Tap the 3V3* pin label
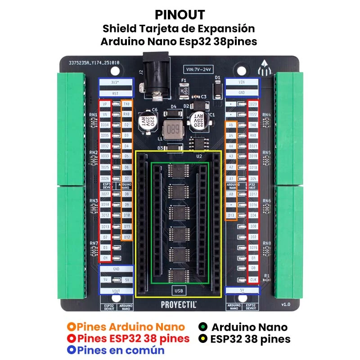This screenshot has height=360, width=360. pyautogui.click(x=116, y=83)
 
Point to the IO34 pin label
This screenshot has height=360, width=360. pyautogui.click(x=105, y=124)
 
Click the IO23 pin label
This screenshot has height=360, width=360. pyautogui.click(x=253, y=104)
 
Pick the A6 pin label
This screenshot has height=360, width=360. pyautogui.click(x=231, y=124)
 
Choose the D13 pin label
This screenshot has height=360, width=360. pyautogui.click(x=231, y=216)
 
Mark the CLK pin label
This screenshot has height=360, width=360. pyautogui.click(x=253, y=279)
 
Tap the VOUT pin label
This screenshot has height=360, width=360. pyautogui.click(x=116, y=291)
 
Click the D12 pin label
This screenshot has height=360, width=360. pyautogui.click(x=127, y=237)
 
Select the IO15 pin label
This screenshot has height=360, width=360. pyautogui.click(x=253, y=247)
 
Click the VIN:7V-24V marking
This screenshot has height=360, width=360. pyautogui.click(x=198, y=69)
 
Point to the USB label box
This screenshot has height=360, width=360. pyautogui.click(x=178, y=289)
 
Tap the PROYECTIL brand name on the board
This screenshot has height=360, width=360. pyautogui.click(x=179, y=304)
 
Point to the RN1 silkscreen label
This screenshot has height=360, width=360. pyautogui.click(x=94, y=115)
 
